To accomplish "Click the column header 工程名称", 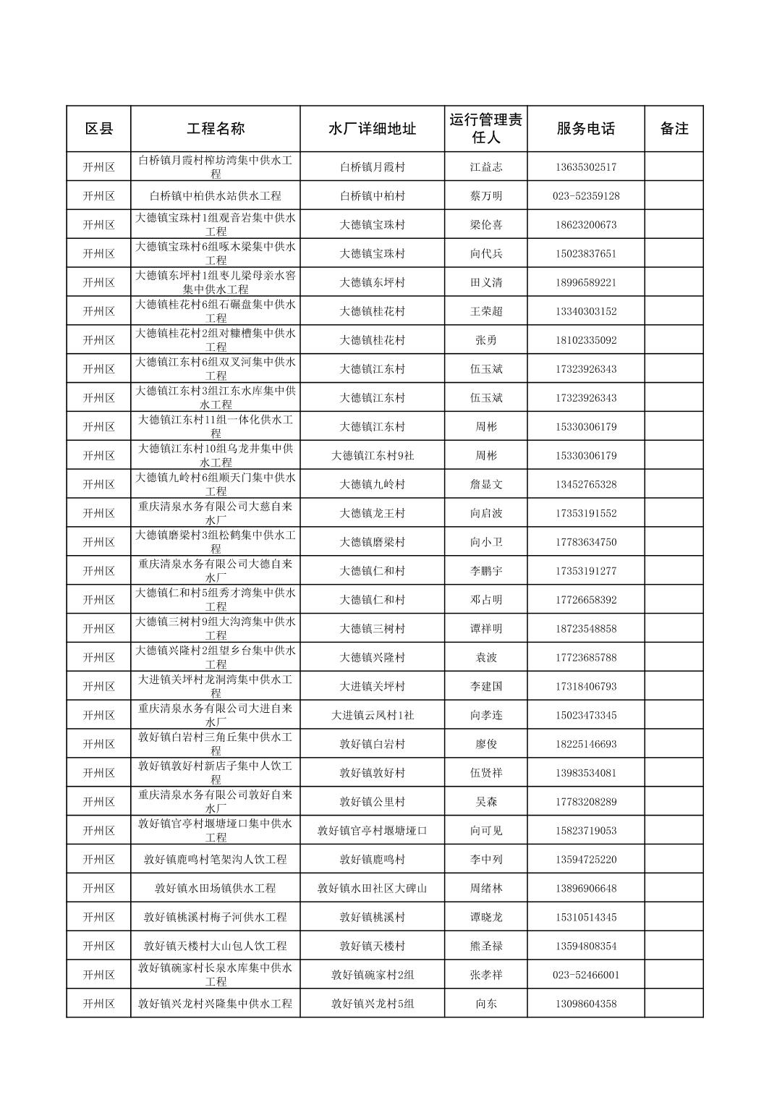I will [216, 129].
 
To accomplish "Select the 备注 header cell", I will [674, 129].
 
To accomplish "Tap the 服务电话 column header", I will [585, 129].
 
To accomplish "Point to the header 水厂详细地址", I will [372, 129].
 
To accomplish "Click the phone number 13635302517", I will [585, 167].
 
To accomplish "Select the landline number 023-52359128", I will [585, 196].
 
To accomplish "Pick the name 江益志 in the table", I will [485, 167].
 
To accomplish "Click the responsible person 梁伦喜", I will [485, 225].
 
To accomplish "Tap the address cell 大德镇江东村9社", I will [372, 456].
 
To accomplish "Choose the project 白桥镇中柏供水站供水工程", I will [216, 196].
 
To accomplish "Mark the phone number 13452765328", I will [585, 485].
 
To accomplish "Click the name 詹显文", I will [485, 485].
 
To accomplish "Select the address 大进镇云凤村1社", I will [372, 716].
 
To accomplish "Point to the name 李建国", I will [485, 687].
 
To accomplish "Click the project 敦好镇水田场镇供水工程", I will [216, 889].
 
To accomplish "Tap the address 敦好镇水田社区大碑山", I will [372, 889].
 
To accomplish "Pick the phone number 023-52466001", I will [585, 975].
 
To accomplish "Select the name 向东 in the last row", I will [485, 1004].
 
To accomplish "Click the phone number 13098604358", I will [585, 1004].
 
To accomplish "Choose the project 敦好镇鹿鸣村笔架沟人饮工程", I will [216, 860].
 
